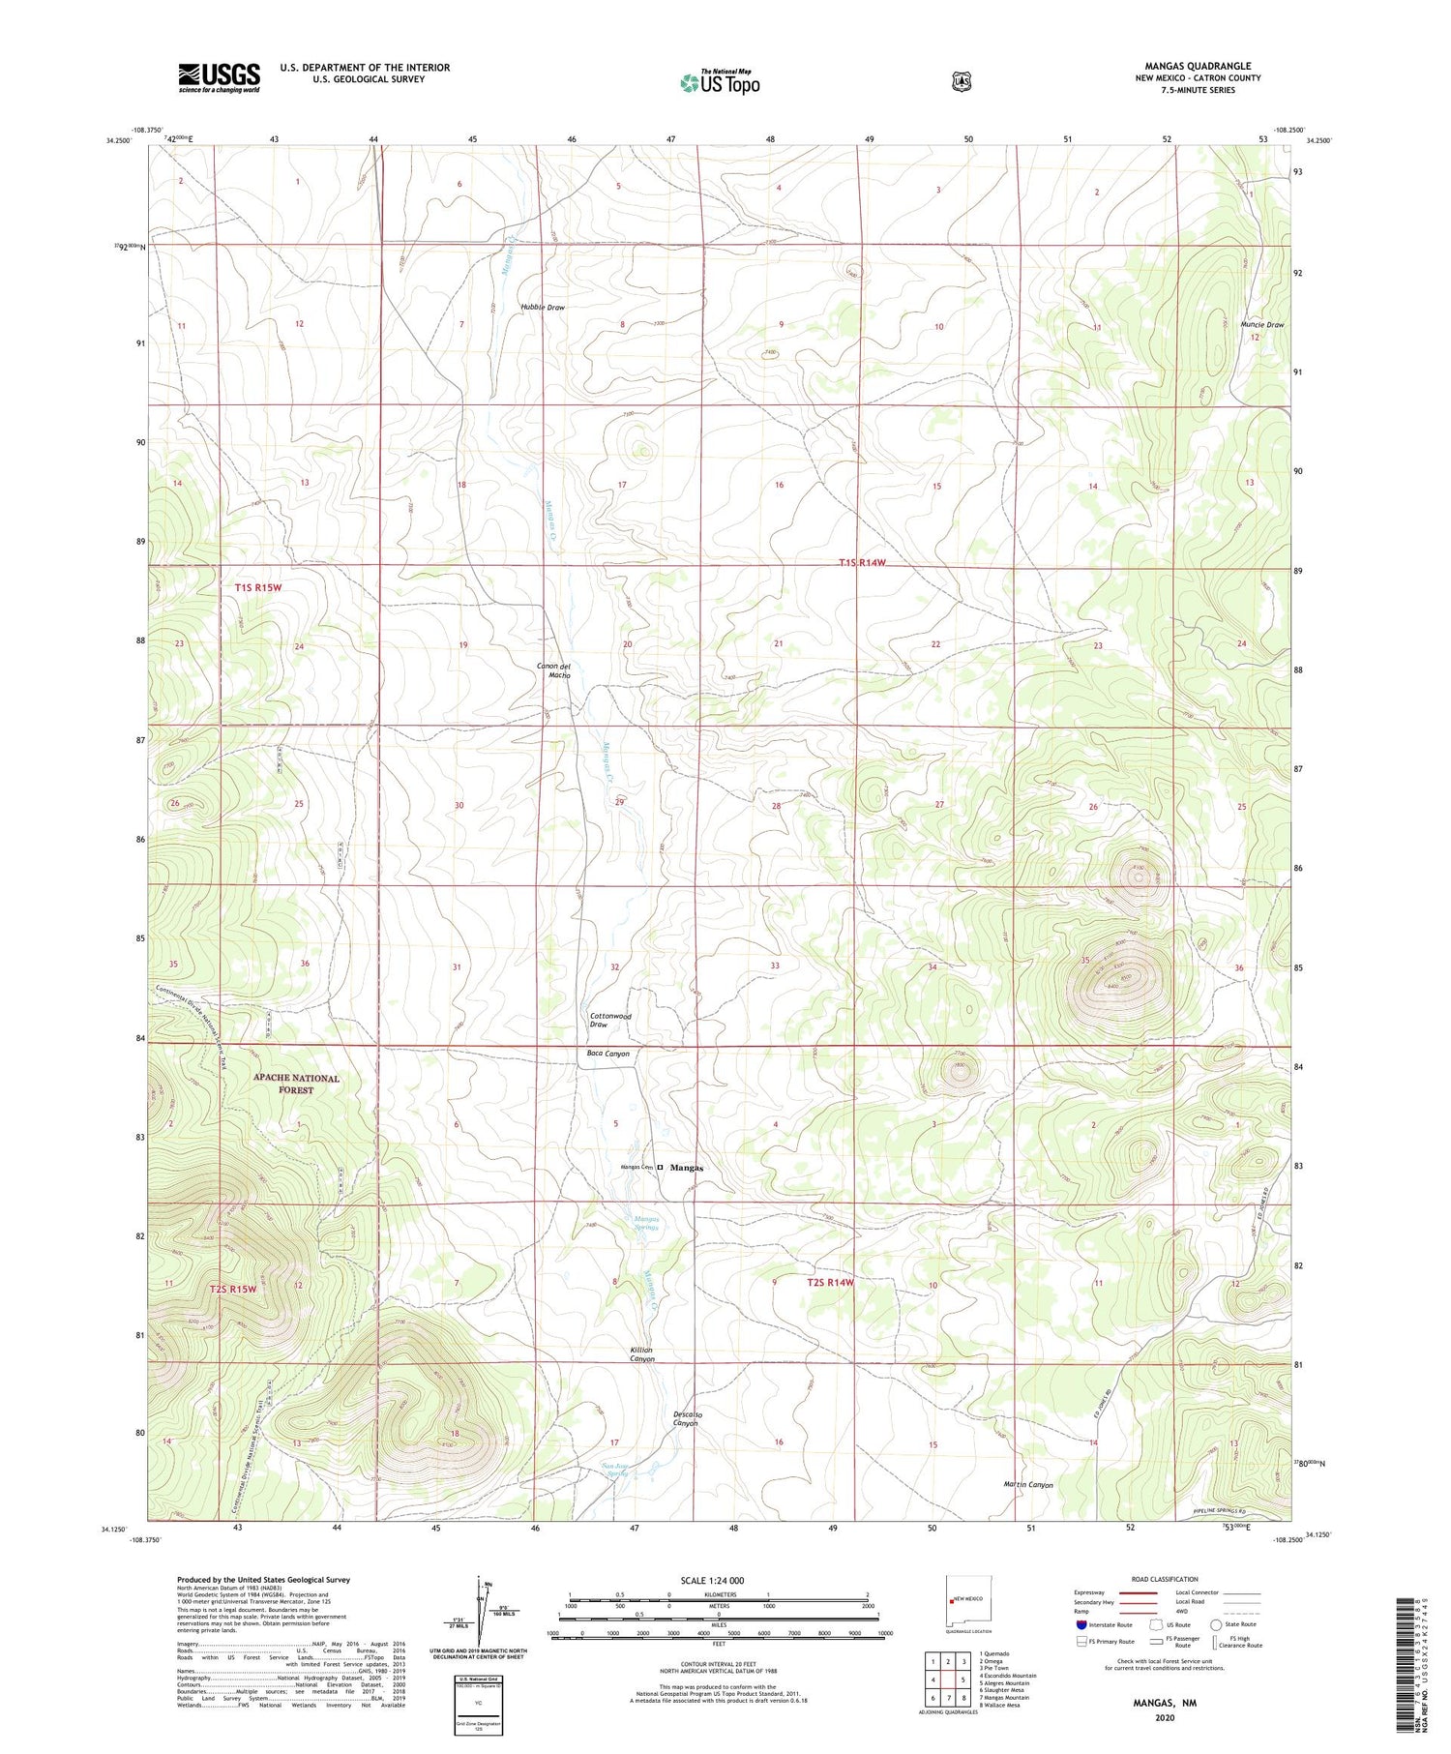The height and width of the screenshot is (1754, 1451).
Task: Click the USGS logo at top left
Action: (x=219, y=77)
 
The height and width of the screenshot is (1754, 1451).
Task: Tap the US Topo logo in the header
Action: (x=720, y=83)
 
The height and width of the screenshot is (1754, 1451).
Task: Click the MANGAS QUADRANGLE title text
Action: (x=1197, y=66)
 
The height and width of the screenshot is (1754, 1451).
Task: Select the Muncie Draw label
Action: (x=1261, y=325)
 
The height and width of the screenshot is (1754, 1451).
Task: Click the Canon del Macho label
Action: (x=554, y=670)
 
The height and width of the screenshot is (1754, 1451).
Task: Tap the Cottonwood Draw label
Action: (x=610, y=1020)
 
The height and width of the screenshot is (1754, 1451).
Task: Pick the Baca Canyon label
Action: (x=607, y=1054)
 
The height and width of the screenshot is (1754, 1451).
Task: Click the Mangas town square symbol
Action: (x=661, y=1168)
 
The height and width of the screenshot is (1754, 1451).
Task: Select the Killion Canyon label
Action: (x=636, y=1354)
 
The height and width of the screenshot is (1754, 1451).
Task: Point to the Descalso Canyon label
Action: (x=685, y=1419)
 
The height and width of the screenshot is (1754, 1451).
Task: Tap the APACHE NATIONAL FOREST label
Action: (x=296, y=1084)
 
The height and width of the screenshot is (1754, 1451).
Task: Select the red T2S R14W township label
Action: (x=831, y=1283)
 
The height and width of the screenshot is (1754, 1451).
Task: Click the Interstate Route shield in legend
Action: (x=1081, y=1625)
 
